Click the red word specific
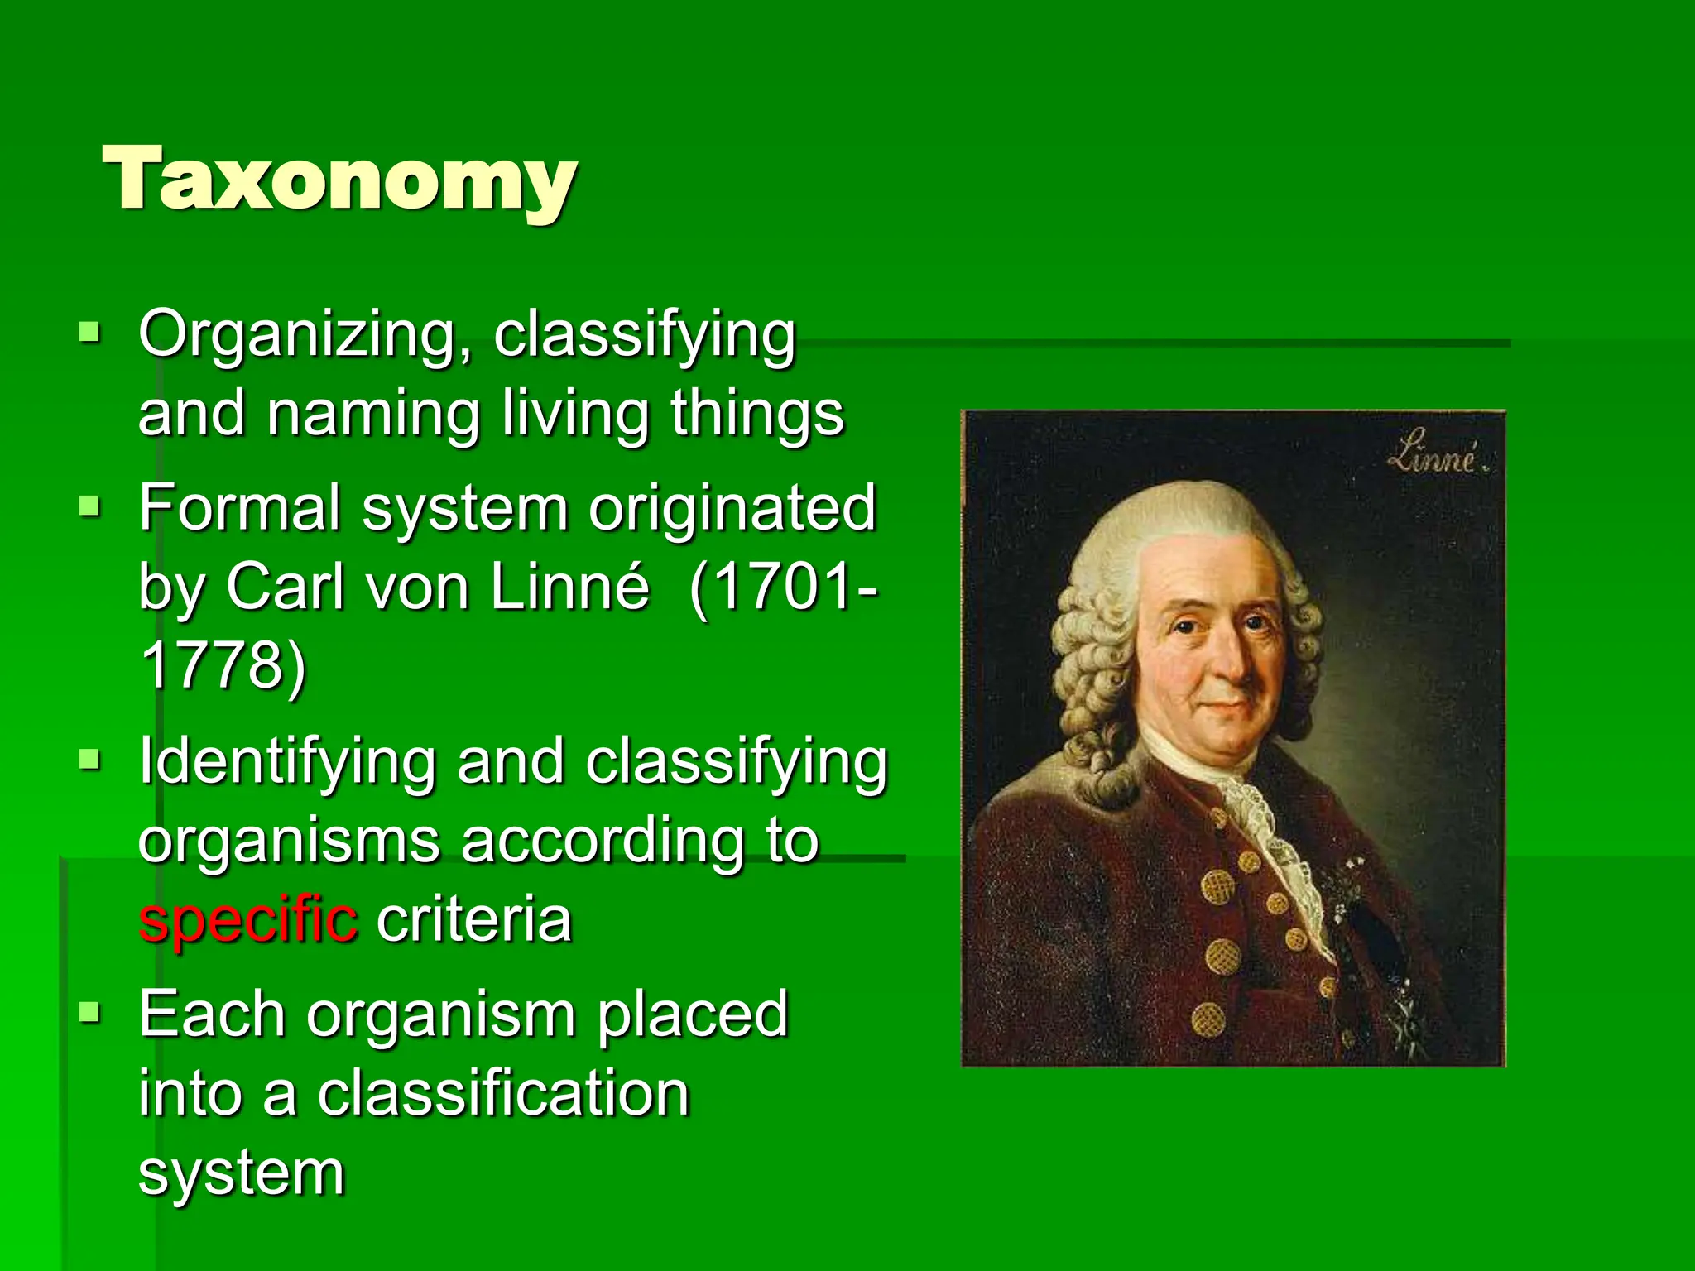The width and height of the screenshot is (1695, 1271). [x=248, y=920]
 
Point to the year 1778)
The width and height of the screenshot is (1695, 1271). [x=223, y=666]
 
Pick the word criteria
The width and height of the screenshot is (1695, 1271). [x=474, y=920]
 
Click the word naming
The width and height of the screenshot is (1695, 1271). [x=373, y=414]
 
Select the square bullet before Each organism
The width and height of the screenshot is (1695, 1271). [x=89, y=1011]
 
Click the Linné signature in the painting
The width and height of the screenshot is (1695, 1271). [x=1435, y=457]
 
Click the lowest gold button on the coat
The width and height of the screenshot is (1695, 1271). [x=1208, y=1019]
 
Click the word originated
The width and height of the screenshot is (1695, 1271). [x=732, y=507]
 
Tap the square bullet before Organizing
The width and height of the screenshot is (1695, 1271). [x=89, y=333]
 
